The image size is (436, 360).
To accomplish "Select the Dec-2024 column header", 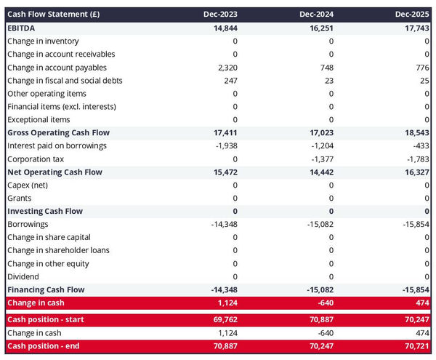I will point(317,14).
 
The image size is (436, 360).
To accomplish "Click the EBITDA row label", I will point(23,28).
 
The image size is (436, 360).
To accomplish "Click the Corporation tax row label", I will point(35,159).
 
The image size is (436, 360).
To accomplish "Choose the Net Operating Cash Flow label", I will point(54,172).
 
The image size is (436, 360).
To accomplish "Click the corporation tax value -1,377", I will point(319,159).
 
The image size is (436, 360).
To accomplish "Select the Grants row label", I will point(20,198).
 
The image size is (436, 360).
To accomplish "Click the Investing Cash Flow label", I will point(44,211).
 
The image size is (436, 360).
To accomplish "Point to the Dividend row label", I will point(24,276).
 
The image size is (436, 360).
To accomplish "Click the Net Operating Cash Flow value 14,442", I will point(318,172).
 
